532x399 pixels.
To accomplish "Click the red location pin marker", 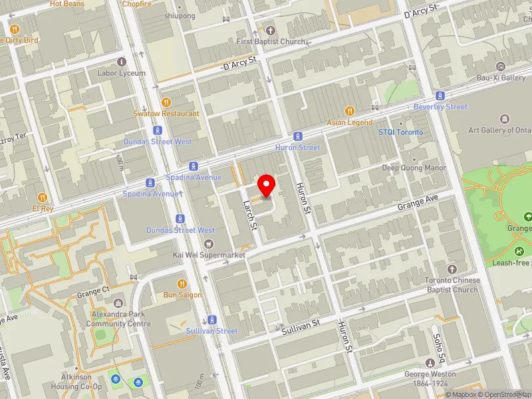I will tap(267, 185).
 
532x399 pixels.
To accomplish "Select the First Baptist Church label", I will tap(271, 41).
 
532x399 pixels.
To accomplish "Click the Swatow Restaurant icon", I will tap(166, 102).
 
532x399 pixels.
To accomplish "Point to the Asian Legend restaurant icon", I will tap(350, 111).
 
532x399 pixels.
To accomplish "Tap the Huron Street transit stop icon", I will tap(297, 136).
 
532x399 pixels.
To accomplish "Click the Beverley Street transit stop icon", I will tap(440, 96).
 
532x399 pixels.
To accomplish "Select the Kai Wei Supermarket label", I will tap(209, 255).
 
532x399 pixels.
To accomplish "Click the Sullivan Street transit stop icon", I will tap(212, 319).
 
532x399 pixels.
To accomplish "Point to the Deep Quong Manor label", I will tap(414, 168).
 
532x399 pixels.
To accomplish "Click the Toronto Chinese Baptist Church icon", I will tap(452, 269).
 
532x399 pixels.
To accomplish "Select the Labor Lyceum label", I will tap(121, 73).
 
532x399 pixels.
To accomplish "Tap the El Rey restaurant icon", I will tap(43, 198).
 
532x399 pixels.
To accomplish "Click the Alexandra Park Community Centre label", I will tap(118, 320).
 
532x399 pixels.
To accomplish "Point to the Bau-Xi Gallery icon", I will tap(501, 66).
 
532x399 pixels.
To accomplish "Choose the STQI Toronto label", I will tap(400, 132).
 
